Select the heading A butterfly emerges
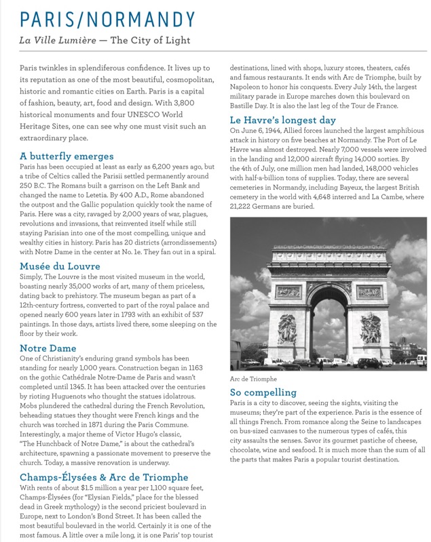tap(67, 157)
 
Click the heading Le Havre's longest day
tap(293, 121)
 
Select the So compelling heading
tap(263, 392)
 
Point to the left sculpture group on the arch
tap(287, 328)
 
